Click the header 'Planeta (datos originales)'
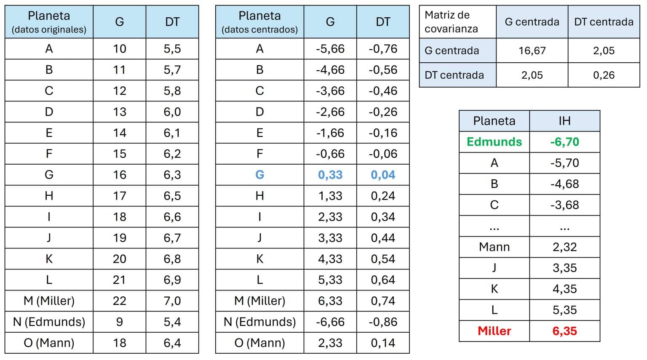pyautogui.click(x=49, y=22)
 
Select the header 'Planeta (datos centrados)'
pyautogui.click(x=259, y=22)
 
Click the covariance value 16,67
pyautogui.click(x=532, y=51)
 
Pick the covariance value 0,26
pyautogui.click(x=604, y=75)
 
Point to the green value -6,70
pyautogui.click(x=564, y=142)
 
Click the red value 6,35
pyautogui.click(x=564, y=331)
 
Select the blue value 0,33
pyautogui.click(x=330, y=175)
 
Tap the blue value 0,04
pyautogui.click(x=383, y=175)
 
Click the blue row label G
pyautogui.click(x=259, y=175)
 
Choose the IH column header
pyautogui.click(x=564, y=121)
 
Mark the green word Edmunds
pyautogui.click(x=494, y=142)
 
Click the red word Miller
pyautogui.click(x=494, y=331)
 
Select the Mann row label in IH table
pyautogui.click(x=494, y=247)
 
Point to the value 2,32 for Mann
pyautogui.click(x=564, y=247)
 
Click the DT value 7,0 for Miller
pyautogui.click(x=172, y=301)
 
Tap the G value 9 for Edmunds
pyautogui.click(x=120, y=322)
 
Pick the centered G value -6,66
pyautogui.click(x=330, y=322)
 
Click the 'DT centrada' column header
pyautogui.click(x=604, y=22)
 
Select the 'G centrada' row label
pyautogui.click(x=452, y=51)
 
